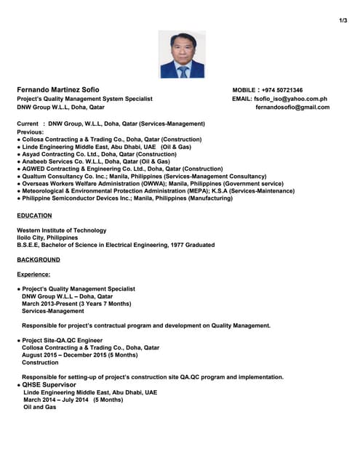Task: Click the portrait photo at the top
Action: (x=182, y=54)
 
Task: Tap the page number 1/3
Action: (x=343, y=20)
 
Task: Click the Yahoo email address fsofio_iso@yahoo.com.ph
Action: (x=290, y=99)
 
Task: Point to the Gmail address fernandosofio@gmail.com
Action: (x=292, y=108)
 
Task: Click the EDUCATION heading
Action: (x=34, y=216)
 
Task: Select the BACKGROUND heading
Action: (x=38, y=259)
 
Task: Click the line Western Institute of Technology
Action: (x=61, y=230)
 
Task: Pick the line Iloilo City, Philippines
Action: (x=47, y=238)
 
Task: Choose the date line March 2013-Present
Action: (x=76, y=304)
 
